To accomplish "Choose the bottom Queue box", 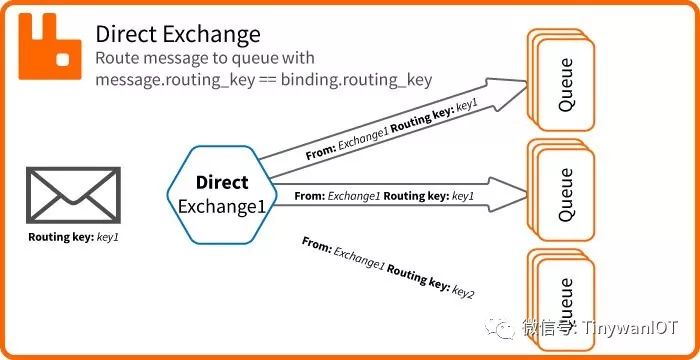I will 563,295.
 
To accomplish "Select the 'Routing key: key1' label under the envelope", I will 74,239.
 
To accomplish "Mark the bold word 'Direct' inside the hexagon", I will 222,183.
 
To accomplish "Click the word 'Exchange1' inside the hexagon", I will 221,206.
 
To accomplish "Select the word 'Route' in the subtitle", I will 117,59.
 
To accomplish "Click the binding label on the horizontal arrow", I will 384,196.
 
